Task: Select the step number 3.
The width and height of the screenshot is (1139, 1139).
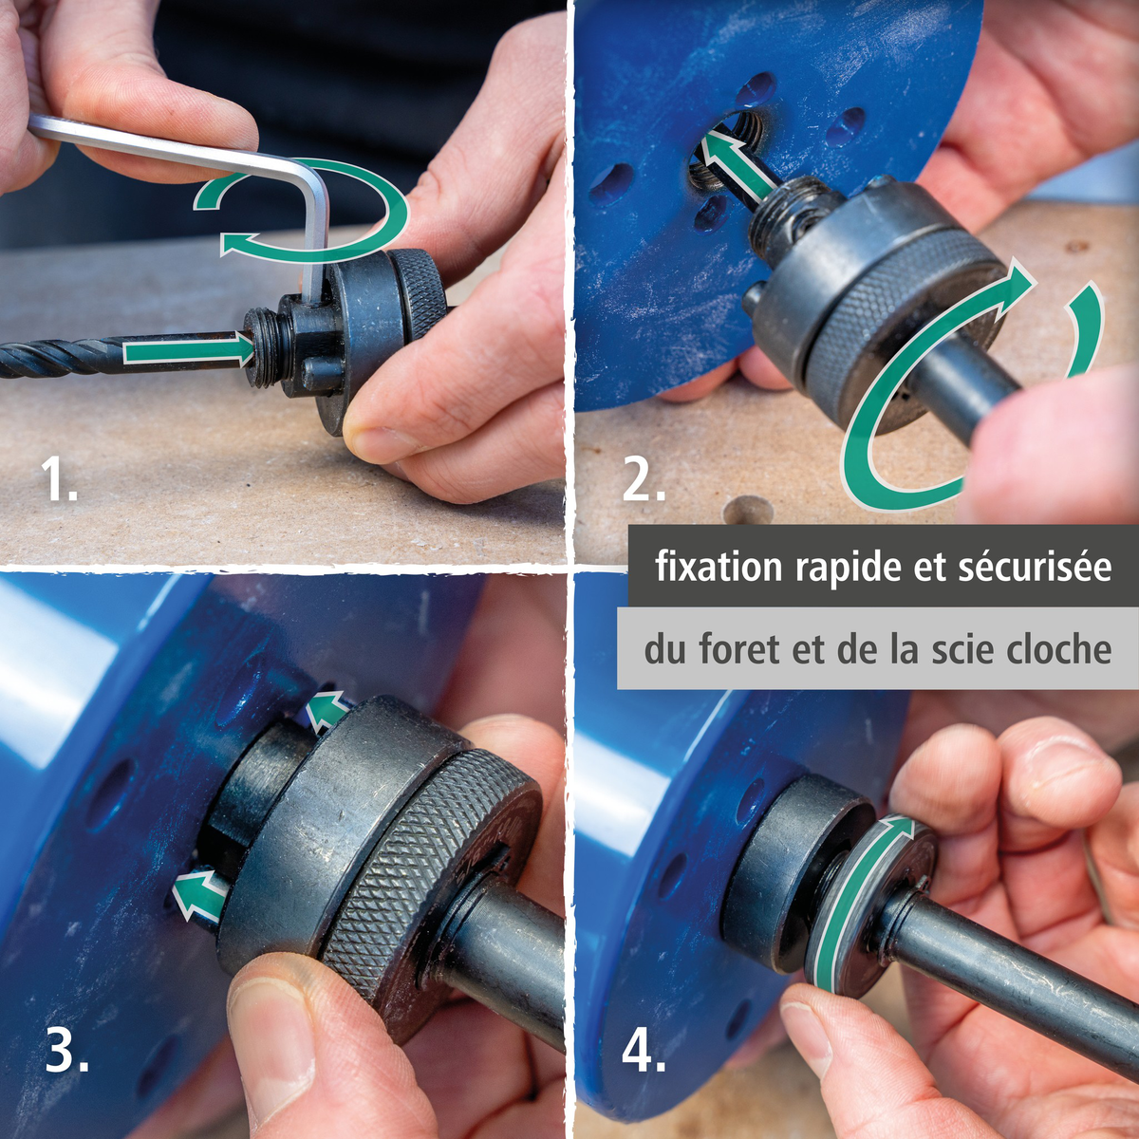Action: (x=66, y=1049)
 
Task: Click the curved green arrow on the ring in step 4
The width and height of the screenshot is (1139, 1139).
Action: (x=850, y=892)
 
